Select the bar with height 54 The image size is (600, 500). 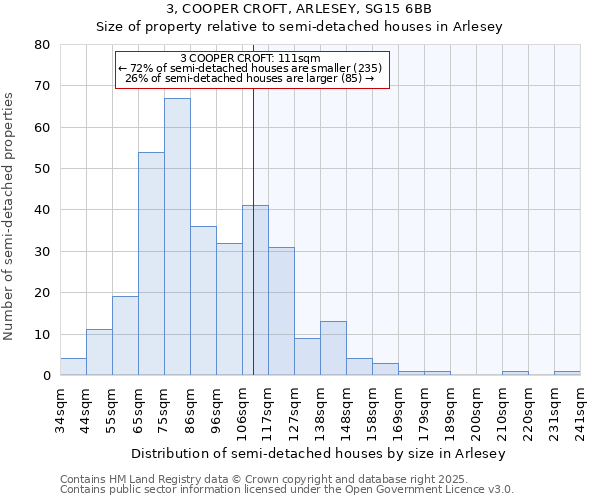pos(151,264)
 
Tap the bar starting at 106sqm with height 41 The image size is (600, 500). pos(255,290)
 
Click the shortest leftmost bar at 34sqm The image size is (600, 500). pos(73,367)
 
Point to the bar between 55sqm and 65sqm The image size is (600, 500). pos(125,336)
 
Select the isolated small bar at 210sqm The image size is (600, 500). pos(515,373)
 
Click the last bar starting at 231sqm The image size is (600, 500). pos(567,373)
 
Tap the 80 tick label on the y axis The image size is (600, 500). pos(41,45)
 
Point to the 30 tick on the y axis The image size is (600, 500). pos(41,252)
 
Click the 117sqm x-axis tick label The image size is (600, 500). pos(269,408)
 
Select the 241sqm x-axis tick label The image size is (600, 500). pos(581,408)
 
